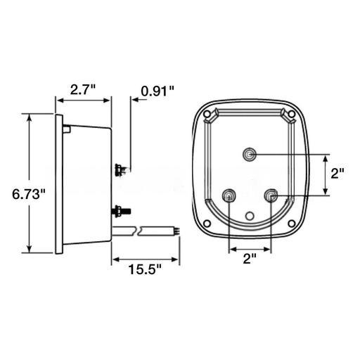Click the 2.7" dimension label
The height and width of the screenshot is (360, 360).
pyautogui.click(x=83, y=89)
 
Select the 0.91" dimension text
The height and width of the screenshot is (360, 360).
pyautogui.click(x=157, y=91)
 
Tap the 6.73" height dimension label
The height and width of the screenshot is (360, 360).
pyautogui.click(x=29, y=194)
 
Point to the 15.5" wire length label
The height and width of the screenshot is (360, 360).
pyautogui.click(x=145, y=269)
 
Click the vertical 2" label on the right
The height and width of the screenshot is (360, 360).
pyautogui.click(x=337, y=174)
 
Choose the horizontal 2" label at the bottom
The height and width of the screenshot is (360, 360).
pyautogui.click(x=250, y=259)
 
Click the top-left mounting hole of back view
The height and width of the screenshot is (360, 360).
pyautogui.click(x=207, y=114)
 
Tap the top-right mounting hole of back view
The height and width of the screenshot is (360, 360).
pyautogui.click(x=292, y=114)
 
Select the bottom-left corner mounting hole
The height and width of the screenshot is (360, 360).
pyautogui.click(x=207, y=224)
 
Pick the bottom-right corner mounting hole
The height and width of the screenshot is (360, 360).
pyautogui.click(x=292, y=224)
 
